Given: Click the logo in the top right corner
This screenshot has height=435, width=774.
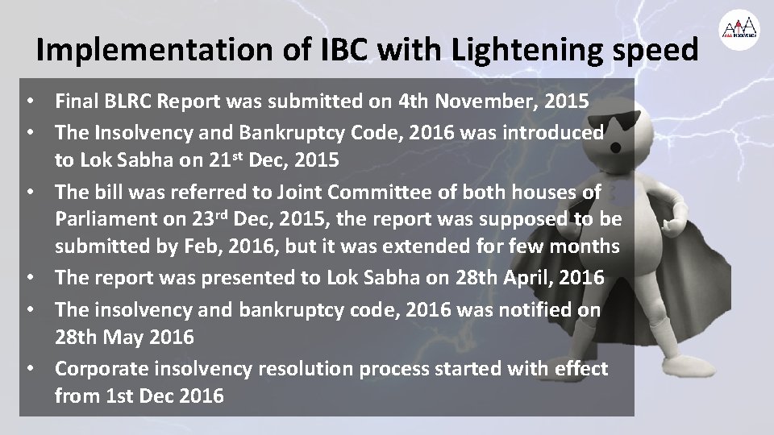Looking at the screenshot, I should [x=739, y=29].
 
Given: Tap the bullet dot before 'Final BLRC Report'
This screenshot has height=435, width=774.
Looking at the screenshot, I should [x=28, y=103].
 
